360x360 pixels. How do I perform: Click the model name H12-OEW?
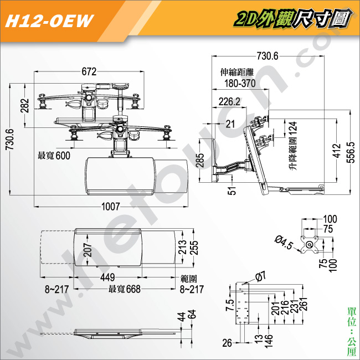pyautogui.click(x=49, y=21)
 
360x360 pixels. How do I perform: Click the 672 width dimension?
pyautogui.click(x=89, y=71)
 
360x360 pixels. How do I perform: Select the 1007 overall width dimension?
pyautogui.click(x=111, y=207)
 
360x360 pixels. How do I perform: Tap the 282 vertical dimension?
pyautogui.click(x=25, y=105)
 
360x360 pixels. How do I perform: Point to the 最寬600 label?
pyautogui.click(x=54, y=156)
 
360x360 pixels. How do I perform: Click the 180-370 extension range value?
pyautogui.click(x=240, y=83)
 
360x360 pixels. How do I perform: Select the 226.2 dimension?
pyautogui.click(x=229, y=102)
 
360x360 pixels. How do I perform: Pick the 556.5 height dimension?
pyautogui.click(x=351, y=152)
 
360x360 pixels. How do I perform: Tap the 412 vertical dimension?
pyautogui.click(x=337, y=151)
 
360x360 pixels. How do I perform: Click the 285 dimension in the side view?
pyautogui.click(x=200, y=160)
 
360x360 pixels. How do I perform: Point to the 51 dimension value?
pyautogui.click(x=232, y=191)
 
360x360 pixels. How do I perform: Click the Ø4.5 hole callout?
pyautogui.click(x=284, y=243)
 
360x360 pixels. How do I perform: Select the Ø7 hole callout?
pyautogui.click(x=261, y=276)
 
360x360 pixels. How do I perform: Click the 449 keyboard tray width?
pyautogui.click(x=107, y=277)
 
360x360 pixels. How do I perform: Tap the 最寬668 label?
pyautogui.click(x=125, y=289)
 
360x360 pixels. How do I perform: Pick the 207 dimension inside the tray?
pyautogui.click(x=88, y=250)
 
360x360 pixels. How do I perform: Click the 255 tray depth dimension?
pyautogui.click(x=194, y=248)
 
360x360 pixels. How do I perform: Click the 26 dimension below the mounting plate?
pyautogui.click(x=227, y=343)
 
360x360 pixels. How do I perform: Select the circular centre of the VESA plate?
pyautogui.click(x=310, y=244)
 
